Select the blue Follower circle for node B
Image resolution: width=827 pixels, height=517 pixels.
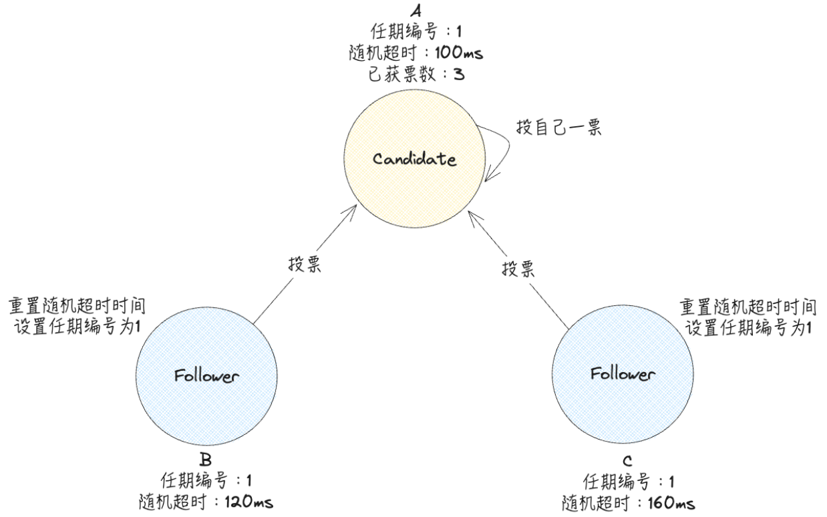206,375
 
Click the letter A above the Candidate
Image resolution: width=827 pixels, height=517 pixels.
415,9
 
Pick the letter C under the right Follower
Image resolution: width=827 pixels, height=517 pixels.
627,462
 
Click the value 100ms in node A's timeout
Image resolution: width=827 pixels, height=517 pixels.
456,51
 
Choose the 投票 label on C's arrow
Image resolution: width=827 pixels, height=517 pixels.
518,270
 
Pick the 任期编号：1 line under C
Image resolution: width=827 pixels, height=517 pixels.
627,481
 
